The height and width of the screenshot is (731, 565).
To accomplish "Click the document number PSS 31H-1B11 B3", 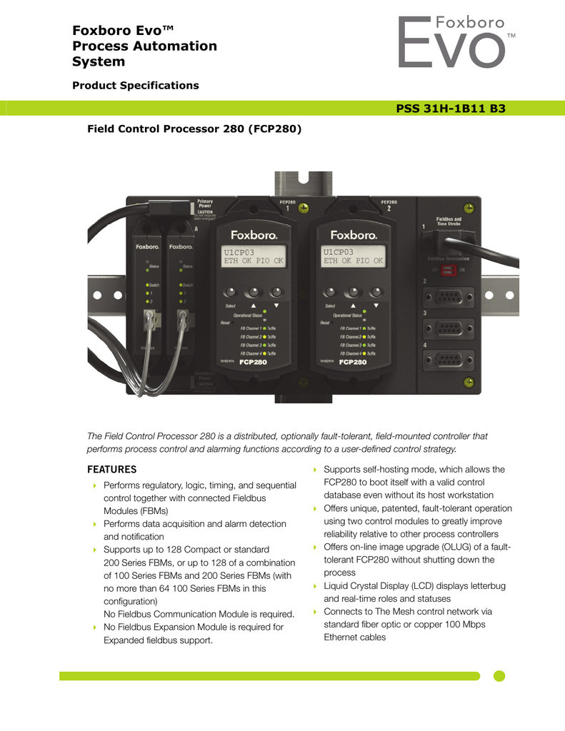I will [x=451, y=109].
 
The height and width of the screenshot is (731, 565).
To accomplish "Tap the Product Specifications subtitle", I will [x=136, y=86].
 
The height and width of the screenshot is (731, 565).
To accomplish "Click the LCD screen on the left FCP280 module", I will [x=253, y=257].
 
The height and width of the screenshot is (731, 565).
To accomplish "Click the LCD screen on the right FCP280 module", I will [x=353, y=257].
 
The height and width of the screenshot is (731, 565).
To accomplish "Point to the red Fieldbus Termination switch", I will [x=447, y=270].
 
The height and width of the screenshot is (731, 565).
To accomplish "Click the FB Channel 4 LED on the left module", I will [x=264, y=353].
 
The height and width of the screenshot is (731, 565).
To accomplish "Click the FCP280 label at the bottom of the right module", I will [x=353, y=363].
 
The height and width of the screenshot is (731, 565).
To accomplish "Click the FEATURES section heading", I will [x=111, y=470].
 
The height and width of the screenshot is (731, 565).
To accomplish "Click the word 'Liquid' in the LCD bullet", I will [x=337, y=586].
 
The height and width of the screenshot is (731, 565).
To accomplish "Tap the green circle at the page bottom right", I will [x=499, y=675].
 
